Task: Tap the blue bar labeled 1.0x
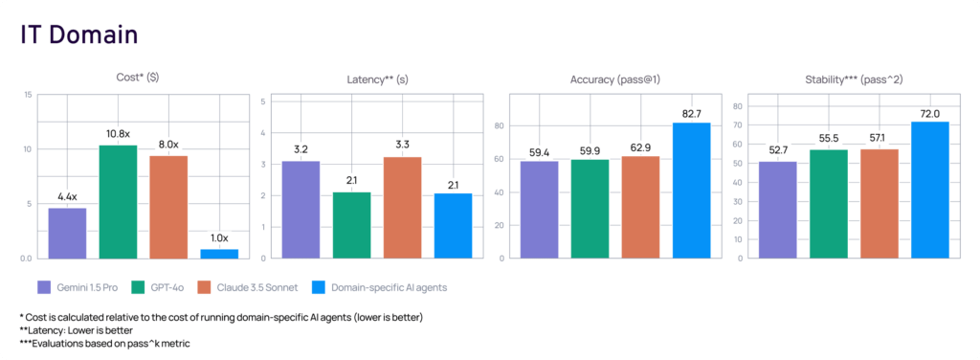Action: [219, 253]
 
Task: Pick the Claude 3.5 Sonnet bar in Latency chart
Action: [403, 208]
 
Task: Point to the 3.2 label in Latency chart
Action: [301, 150]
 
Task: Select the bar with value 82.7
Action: [691, 191]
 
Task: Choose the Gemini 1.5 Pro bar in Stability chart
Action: [777, 210]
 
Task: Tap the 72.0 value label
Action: [929, 112]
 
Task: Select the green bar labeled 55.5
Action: [828, 203]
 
